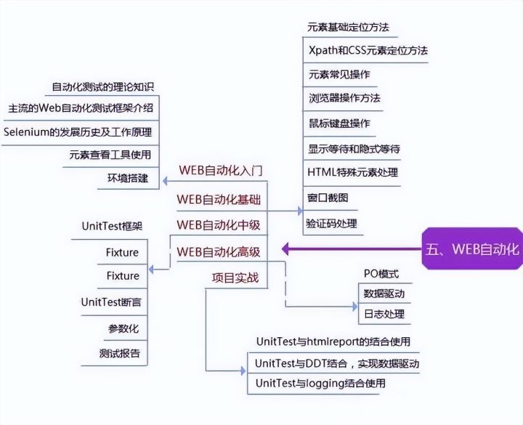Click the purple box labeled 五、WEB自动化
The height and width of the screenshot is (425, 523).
(472, 250)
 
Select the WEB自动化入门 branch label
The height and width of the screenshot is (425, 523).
(220, 171)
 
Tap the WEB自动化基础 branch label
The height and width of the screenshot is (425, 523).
(220, 198)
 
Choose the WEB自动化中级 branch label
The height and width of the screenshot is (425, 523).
(219, 224)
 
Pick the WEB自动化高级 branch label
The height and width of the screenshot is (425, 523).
(219, 251)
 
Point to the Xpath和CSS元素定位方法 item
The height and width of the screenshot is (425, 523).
(368, 51)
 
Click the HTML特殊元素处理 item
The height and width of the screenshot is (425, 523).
(353, 172)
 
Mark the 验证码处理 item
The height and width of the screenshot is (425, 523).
(332, 224)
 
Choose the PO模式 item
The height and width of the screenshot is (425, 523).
(381, 274)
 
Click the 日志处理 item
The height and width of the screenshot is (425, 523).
(384, 315)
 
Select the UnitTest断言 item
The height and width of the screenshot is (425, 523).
(110, 302)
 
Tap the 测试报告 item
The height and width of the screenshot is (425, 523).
(120, 355)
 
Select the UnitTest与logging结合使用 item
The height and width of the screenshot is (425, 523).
(320, 383)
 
